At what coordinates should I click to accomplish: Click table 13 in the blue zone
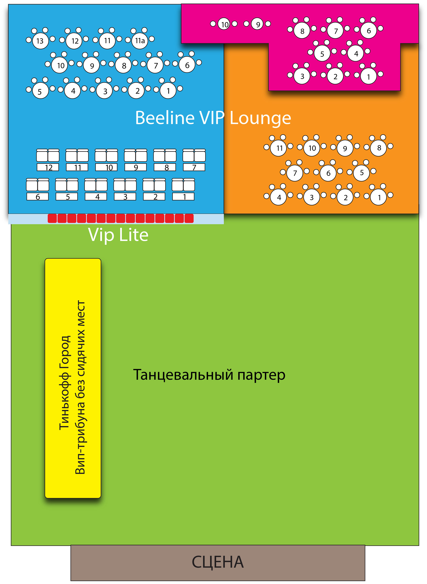tap(40, 41)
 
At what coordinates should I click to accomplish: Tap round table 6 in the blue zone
tap(187, 65)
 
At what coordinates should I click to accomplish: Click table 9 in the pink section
tap(257, 24)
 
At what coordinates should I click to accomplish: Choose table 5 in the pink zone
tap(322, 54)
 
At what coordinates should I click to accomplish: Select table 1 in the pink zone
tap(369, 76)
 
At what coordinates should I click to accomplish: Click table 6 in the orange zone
tap(328, 173)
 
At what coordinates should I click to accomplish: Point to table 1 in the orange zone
tap(379, 197)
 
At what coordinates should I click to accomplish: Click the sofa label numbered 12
tap(48, 167)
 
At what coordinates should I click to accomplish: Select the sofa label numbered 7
tap(194, 167)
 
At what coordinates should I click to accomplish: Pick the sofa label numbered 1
tap(184, 197)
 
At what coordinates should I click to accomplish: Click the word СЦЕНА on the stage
tap(218, 562)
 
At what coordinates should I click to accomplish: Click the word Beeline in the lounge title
tap(165, 118)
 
